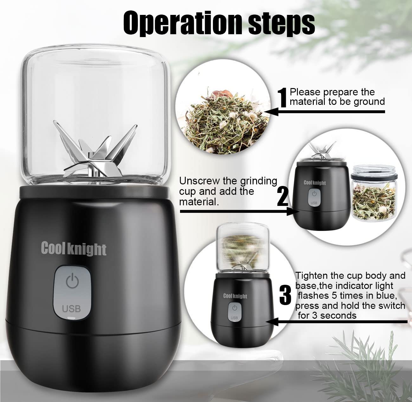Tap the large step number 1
click(x=282, y=98)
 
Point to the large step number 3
click(x=286, y=295)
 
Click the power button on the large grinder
click(x=72, y=281)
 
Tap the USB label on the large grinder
click(x=71, y=309)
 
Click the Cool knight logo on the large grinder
click(x=74, y=249)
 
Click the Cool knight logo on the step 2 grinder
click(x=315, y=182)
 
